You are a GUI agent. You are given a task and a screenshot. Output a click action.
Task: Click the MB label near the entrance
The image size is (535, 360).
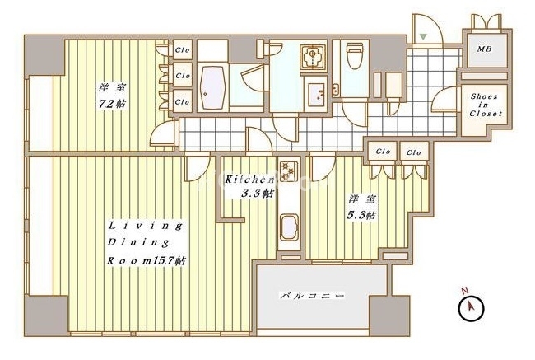(484, 49)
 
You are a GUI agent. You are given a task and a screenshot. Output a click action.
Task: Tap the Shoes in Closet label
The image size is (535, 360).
(486, 105)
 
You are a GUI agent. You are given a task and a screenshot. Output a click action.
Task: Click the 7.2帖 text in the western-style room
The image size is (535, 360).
(112, 104)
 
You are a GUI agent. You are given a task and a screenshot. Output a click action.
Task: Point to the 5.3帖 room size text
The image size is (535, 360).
(361, 215)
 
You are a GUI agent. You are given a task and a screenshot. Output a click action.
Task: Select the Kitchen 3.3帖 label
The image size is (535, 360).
(249, 186)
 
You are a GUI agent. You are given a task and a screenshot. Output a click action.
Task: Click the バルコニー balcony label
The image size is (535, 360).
(312, 296)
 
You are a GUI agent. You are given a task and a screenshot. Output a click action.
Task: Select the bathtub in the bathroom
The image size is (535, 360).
(213, 87)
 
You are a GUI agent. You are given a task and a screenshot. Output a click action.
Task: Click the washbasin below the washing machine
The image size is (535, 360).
(317, 93)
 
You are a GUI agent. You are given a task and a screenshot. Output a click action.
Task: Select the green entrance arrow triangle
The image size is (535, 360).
(423, 36)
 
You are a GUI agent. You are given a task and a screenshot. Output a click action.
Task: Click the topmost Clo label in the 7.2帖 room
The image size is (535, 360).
(182, 50)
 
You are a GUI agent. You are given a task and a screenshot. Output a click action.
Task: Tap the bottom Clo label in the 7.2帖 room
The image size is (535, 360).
(182, 102)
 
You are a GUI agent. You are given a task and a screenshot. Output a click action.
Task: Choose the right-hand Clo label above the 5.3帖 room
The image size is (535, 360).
(414, 152)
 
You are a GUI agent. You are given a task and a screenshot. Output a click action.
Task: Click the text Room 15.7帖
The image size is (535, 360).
(147, 261)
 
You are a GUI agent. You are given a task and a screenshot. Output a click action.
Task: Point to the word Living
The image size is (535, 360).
(145, 226)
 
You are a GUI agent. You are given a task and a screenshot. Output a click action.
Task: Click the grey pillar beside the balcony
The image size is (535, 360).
(390, 316)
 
